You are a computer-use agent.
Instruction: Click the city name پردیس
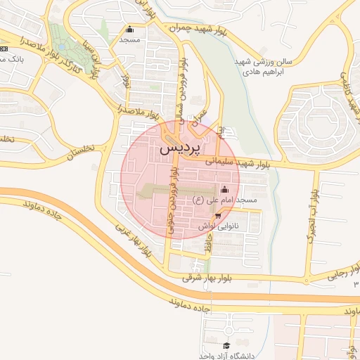pos(180,148)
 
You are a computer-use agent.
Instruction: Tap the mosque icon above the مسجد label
pos(129,30)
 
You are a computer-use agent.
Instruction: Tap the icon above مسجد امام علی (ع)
pos(224,189)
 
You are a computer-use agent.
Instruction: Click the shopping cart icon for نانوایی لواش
pos(219,217)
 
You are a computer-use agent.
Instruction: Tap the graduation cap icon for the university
pos(226,345)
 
